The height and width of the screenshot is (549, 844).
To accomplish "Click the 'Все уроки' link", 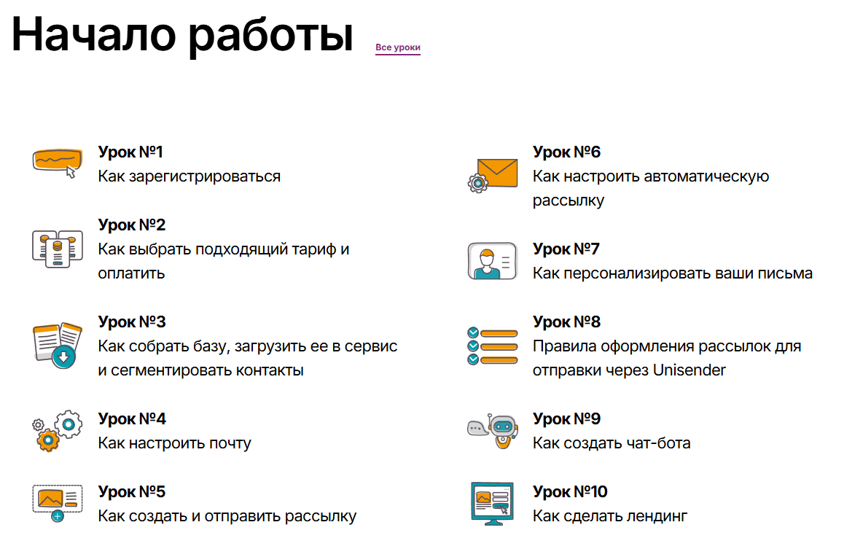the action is pyautogui.click(x=398, y=47).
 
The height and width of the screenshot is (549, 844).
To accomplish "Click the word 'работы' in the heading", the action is pyautogui.click(x=270, y=36).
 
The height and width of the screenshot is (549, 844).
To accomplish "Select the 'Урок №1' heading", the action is pyautogui.click(x=130, y=152).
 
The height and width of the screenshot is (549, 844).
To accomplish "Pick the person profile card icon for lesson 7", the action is pyautogui.click(x=493, y=261).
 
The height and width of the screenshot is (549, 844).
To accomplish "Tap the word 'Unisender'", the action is pyautogui.click(x=689, y=370).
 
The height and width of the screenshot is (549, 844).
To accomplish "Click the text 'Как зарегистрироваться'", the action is pyautogui.click(x=189, y=176).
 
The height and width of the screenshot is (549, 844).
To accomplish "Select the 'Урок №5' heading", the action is pyautogui.click(x=131, y=491).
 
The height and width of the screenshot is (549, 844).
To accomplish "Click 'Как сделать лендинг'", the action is pyautogui.click(x=610, y=516).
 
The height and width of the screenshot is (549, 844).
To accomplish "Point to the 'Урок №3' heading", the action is pyautogui.click(x=132, y=322).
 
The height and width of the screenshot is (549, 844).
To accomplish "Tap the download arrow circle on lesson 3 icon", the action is pyautogui.click(x=63, y=357).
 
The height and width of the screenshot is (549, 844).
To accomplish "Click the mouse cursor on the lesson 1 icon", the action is pyautogui.click(x=71, y=172).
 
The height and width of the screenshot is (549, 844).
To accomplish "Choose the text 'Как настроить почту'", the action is pyautogui.click(x=174, y=443).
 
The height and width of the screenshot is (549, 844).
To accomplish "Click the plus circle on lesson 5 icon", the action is pyautogui.click(x=58, y=516).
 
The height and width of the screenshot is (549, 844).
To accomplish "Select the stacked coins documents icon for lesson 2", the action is pyautogui.click(x=57, y=249).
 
